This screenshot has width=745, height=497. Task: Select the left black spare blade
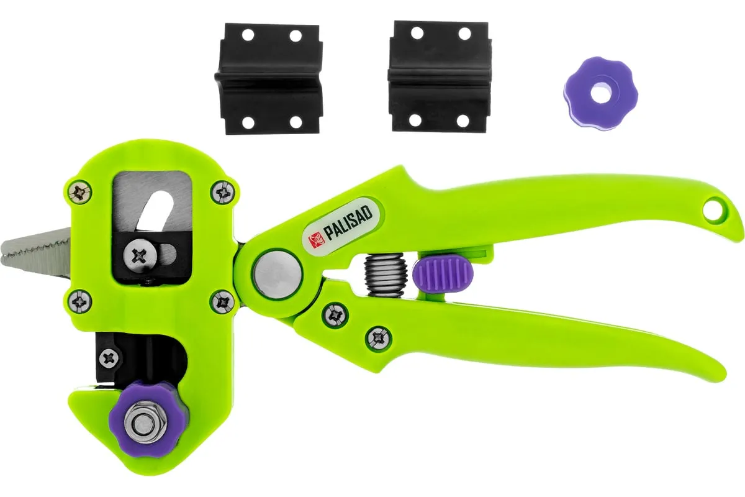coord(269,79)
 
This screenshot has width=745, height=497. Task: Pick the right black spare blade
coord(440,76)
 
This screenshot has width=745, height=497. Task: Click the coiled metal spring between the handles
coord(386,275)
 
